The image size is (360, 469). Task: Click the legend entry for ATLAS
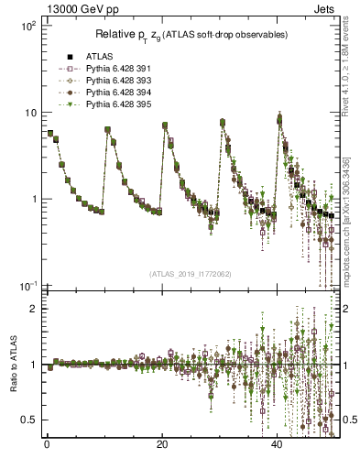97,57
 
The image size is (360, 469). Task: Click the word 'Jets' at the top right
325,7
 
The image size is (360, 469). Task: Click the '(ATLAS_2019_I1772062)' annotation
191,274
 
